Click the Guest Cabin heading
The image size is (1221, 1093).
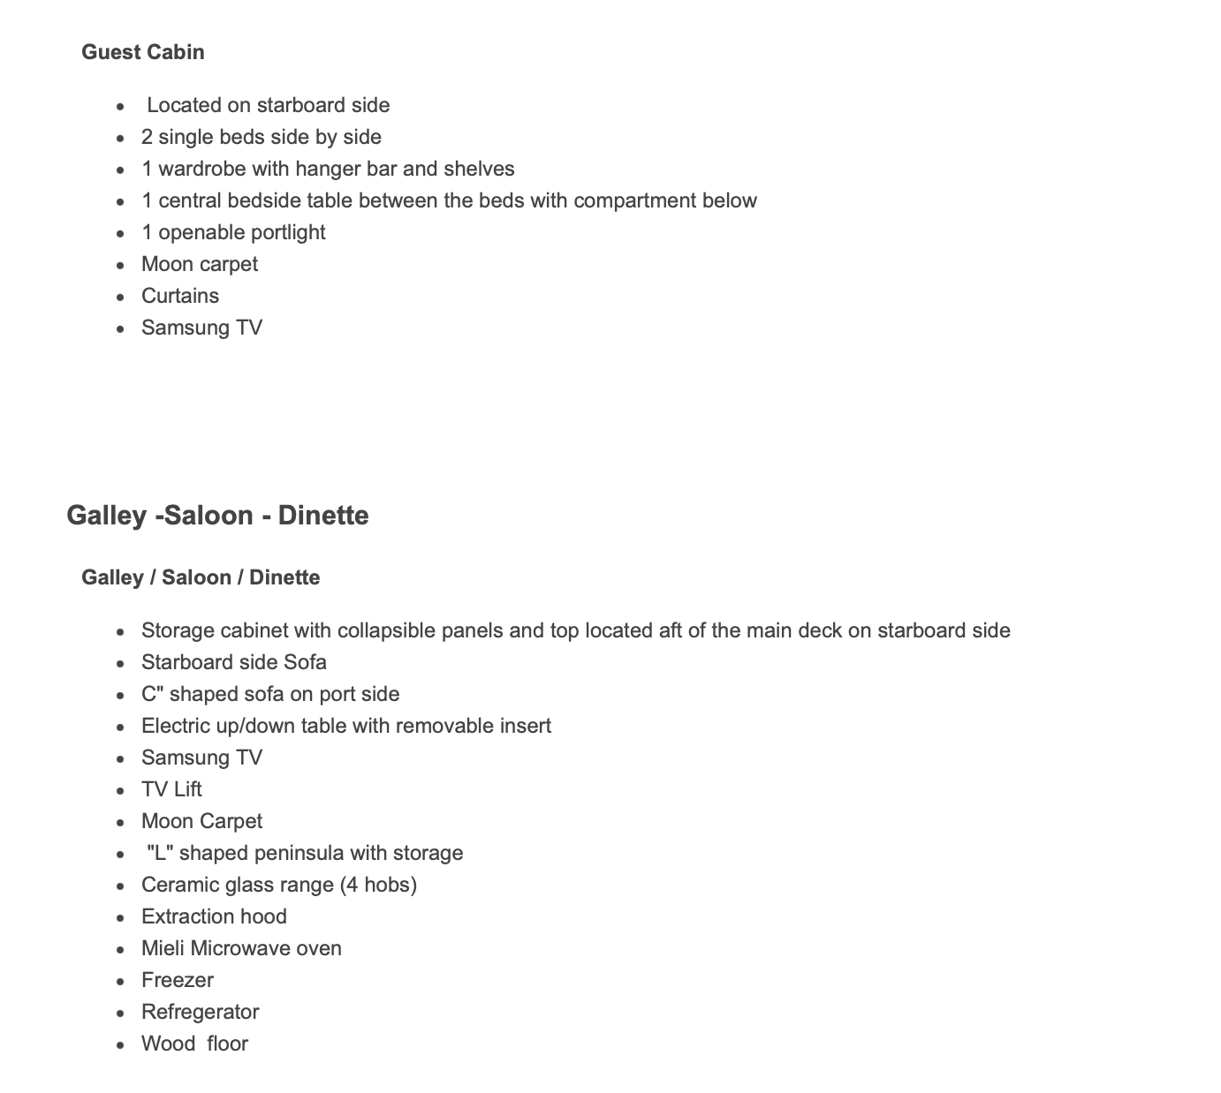click(142, 52)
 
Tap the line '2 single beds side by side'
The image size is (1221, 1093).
click(261, 137)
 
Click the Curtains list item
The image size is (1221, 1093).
click(179, 296)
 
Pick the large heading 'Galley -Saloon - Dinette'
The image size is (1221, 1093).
click(217, 516)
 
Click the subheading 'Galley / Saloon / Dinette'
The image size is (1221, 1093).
click(201, 577)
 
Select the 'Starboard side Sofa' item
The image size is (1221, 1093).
click(233, 662)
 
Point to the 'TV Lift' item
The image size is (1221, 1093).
click(171, 789)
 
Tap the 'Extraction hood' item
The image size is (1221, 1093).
click(214, 916)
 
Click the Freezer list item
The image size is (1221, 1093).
click(177, 980)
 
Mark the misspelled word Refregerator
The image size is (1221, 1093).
click(200, 1012)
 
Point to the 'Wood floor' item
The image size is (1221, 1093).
click(194, 1044)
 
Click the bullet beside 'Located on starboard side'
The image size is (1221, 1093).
click(120, 106)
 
